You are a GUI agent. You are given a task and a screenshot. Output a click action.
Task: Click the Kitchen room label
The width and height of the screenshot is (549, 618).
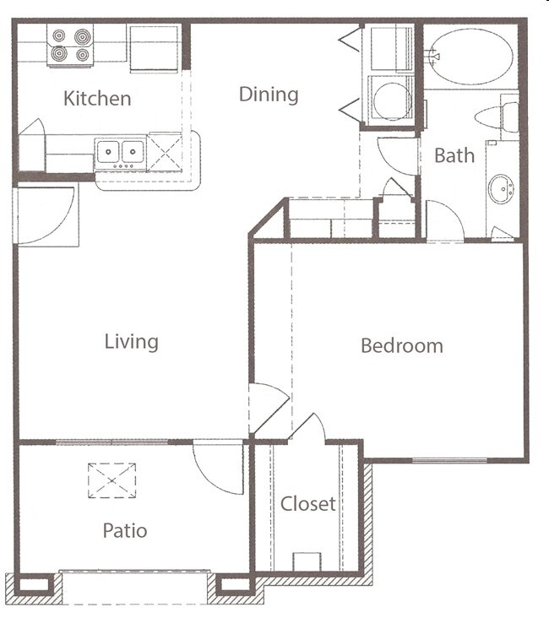point(97,99)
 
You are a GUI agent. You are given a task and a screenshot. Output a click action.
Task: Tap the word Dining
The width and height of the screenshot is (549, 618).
point(269,94)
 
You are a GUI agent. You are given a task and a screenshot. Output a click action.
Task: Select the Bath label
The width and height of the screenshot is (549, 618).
point(454,155)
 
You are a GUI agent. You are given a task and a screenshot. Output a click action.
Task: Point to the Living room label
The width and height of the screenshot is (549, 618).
point(131,342)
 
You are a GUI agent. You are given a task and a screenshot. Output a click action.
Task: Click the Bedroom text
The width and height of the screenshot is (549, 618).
point(401,345)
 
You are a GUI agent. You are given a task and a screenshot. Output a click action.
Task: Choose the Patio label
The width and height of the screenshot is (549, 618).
point(125,531)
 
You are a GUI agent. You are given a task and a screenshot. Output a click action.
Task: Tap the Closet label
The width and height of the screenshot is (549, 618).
point(308,505)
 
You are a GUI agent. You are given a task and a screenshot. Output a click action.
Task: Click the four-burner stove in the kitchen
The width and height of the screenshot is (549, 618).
point(71,46)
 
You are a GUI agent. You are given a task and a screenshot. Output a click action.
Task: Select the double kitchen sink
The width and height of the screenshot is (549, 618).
point(120,152)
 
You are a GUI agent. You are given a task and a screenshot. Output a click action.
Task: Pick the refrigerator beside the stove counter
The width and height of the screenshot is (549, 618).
point(154,47)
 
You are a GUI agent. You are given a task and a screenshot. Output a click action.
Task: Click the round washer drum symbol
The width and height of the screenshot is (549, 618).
point(391,100)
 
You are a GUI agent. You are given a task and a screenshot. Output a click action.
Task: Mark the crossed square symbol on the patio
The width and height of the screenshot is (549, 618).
point(111,480)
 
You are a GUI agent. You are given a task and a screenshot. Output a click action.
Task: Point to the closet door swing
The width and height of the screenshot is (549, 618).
point(309,427)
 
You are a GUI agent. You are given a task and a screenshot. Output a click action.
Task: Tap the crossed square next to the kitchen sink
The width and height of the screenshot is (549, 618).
point(165,151)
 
